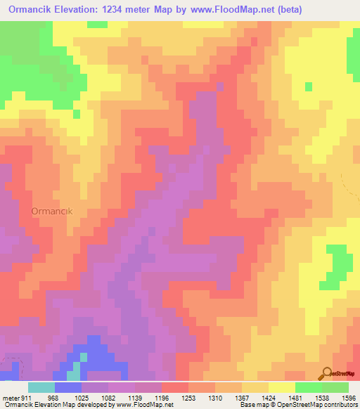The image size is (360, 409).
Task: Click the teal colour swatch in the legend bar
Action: pos(41,387)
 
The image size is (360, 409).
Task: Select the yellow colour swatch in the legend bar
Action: pos(282,387)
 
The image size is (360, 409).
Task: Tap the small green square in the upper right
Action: pos(308,86)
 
